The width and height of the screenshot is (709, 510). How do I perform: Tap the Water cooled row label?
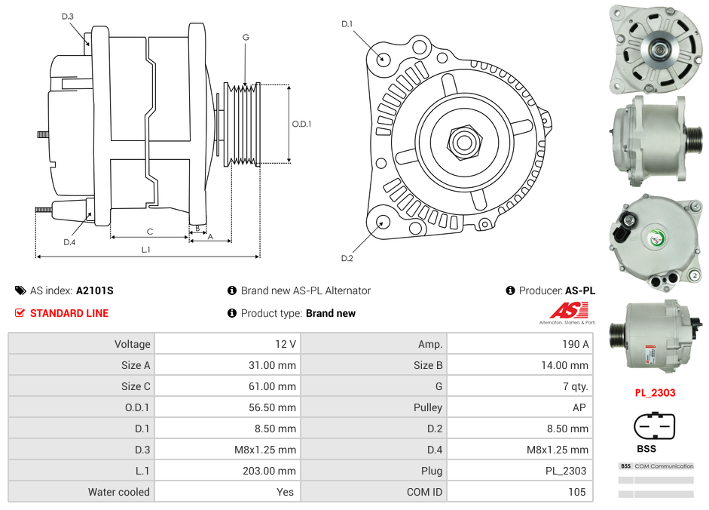click(118, 492)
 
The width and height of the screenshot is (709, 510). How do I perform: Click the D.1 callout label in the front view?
click(347, 24)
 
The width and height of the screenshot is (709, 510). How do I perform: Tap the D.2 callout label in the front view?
click(347, 259)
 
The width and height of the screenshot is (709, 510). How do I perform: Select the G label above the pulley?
click(246, 37)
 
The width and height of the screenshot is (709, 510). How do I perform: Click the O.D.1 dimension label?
click(301, 124)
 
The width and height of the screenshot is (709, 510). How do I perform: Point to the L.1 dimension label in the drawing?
click(146, 249)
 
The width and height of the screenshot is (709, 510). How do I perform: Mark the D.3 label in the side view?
click(68, 16)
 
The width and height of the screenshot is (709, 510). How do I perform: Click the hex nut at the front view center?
click(464, 141)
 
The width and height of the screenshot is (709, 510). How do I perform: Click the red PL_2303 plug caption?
click(654, 392)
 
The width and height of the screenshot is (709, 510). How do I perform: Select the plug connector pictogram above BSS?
click(654, 426)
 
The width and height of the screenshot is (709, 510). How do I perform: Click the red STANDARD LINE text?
click(69, 313)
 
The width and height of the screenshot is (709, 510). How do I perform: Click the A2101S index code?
click(94, 290)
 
